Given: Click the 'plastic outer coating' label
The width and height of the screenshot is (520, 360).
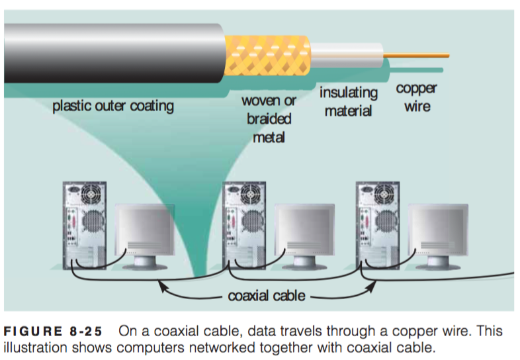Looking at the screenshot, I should [112, 106].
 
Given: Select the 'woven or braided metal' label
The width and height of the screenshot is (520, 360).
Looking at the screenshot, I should [269, 119].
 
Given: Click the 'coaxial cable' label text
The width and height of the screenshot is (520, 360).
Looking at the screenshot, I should [267, 296].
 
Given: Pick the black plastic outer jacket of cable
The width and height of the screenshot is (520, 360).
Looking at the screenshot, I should [112, 53].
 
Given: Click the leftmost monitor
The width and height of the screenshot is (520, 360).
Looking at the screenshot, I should [145, 232].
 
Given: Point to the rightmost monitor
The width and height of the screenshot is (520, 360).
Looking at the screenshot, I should [438, 232].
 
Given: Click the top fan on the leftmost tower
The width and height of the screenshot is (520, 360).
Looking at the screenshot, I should [93, 194].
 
